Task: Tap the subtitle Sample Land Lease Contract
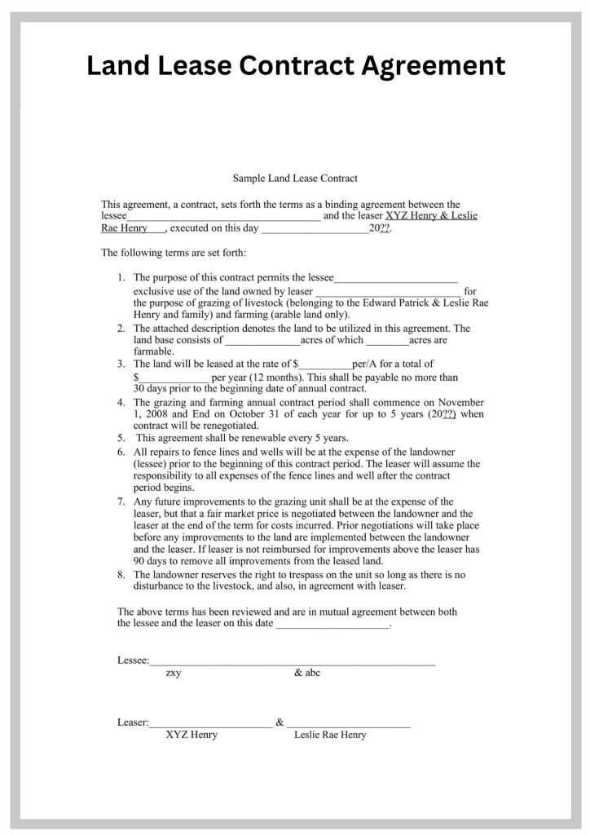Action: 295,177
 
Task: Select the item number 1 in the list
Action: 121,278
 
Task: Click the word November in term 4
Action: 460,402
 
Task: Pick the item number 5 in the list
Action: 121,437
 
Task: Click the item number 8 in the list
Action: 121,574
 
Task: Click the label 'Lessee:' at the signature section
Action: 133,660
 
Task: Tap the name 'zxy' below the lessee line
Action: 174,673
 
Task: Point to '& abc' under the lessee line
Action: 307,673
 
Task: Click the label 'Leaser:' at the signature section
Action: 133,722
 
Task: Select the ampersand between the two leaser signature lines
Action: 280,722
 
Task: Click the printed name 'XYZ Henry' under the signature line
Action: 192,735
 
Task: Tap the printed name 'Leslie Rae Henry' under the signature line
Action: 330,735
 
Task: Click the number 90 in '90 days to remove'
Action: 139,561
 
